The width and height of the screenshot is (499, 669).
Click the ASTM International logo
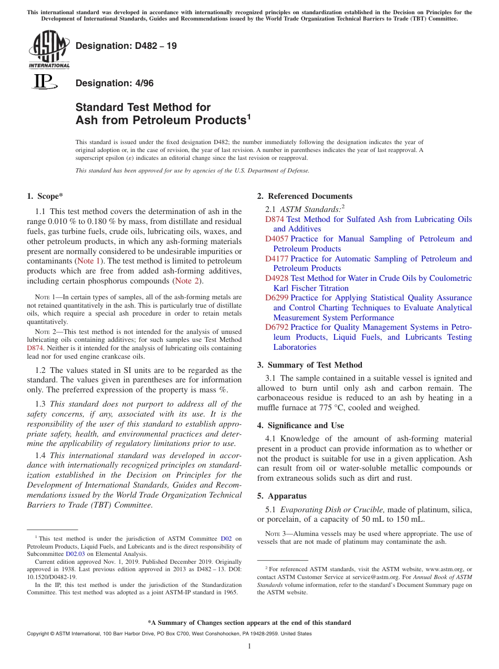coord(48,49)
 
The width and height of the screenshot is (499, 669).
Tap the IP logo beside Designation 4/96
coord(44,82)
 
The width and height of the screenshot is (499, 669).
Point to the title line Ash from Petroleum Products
coord(163,120)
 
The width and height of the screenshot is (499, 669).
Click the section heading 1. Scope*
coord(45,196)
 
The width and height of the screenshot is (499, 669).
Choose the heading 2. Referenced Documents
coord(304,196)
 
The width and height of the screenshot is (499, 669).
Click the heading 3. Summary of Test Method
coord(309,365)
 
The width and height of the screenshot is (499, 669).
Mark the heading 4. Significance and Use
coord(300,425)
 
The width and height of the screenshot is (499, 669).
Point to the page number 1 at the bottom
coord(249,646)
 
